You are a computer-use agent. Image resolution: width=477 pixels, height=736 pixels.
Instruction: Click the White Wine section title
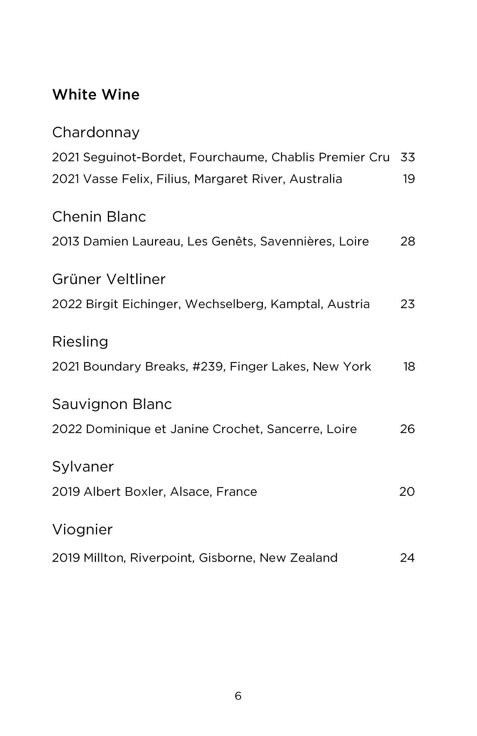(96, 95)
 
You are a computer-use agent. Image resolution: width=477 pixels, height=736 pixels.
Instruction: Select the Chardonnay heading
(96, 133)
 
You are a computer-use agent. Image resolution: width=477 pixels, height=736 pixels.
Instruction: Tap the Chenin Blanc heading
(99, 217)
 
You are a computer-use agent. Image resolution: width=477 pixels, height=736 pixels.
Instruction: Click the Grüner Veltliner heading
(109, 279)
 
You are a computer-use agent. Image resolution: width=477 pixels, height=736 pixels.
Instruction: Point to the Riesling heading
(80, 342)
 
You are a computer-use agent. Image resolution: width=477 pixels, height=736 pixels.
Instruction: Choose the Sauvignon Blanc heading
(112, 404)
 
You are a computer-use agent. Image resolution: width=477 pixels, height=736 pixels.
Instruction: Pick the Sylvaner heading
(83, 467)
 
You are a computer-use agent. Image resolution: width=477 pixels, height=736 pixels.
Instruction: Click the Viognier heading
(83, 530)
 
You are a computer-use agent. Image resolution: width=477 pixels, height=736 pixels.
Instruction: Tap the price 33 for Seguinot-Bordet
(408, 158)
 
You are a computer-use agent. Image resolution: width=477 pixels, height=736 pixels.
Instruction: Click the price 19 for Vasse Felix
(409, 179)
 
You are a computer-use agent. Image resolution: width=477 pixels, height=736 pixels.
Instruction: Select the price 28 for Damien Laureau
(408, 242)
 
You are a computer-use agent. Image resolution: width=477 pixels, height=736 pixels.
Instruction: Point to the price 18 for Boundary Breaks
(409, 367)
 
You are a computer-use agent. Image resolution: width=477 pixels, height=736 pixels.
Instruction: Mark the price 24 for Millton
(407, 558)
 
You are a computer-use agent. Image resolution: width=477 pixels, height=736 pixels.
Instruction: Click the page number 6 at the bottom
(238, 696)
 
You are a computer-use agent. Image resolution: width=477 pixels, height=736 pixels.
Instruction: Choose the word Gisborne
(226, 558)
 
